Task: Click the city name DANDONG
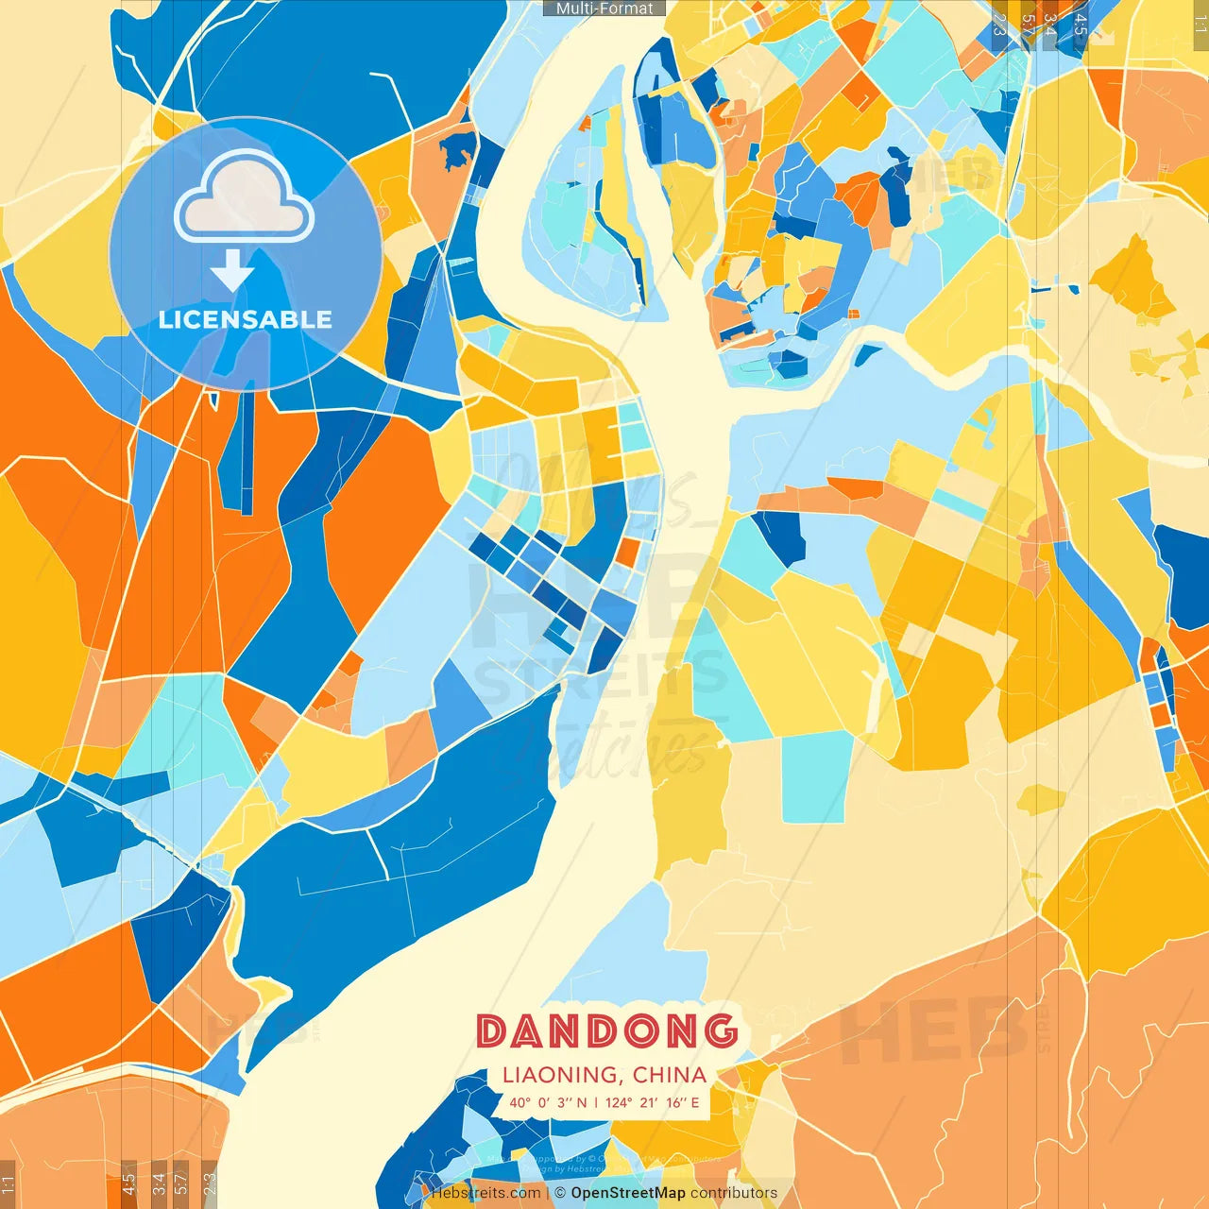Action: pos(606,1031)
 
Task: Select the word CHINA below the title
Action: pos(670,1075)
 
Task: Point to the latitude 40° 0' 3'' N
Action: pos(548,1102)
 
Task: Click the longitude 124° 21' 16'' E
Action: pos(653,1102)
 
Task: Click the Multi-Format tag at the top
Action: pos(604,9)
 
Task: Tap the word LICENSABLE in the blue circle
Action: pos(246,319)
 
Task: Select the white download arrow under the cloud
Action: pos(232,270)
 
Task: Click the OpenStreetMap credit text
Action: pos(628,1193)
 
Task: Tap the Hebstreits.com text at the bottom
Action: pos(486,1193)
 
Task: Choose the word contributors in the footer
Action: pos(734,1193)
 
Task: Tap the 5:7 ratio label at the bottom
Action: pos(180,1181)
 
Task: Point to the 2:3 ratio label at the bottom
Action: pos(209,1181)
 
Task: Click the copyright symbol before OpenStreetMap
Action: pos(560,1193)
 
